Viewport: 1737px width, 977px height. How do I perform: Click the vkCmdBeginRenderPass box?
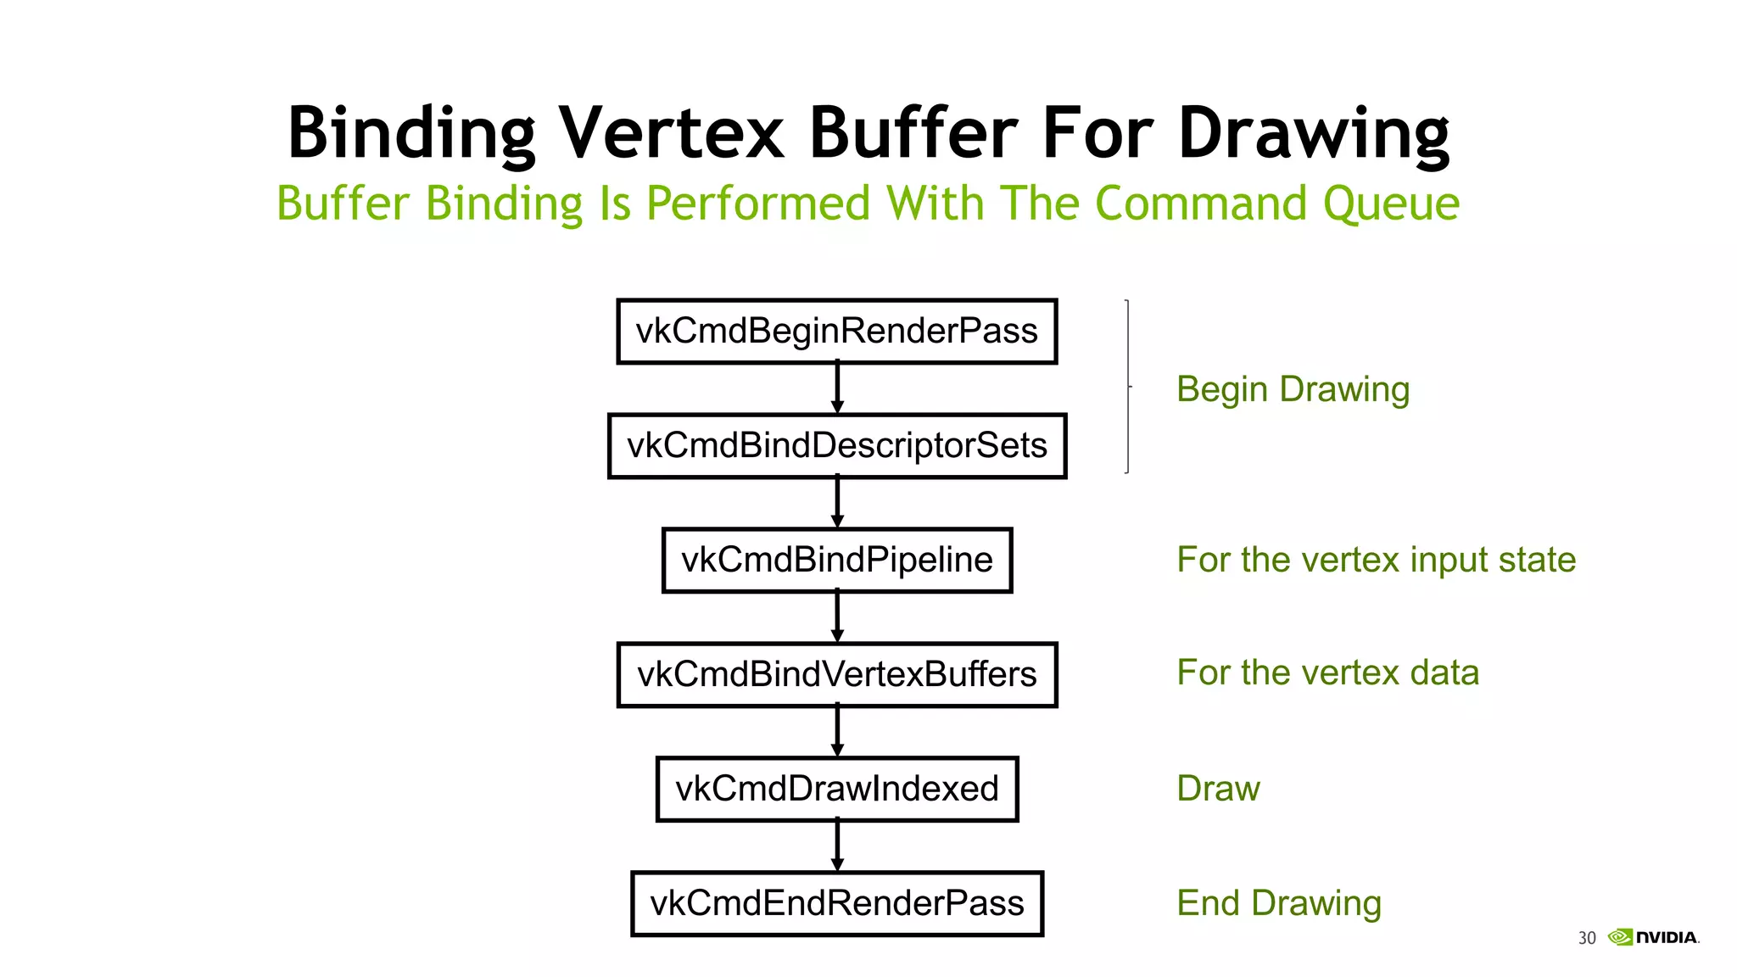[836, 331]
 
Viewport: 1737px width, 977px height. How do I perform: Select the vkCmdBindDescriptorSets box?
[836, 446]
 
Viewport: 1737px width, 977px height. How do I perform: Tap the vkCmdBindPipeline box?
[836, 560]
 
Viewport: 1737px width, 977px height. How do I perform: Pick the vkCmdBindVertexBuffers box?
[836, 674]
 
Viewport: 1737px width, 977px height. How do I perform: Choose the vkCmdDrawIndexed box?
[836, 789]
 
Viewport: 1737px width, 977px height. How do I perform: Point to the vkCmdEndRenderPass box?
[836, 903]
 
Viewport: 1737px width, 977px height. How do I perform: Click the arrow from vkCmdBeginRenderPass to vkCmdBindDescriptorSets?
[837, 388]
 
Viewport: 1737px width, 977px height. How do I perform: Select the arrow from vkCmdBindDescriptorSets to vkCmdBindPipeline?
[837, 503]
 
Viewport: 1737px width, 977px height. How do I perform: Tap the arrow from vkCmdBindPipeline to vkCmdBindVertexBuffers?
[837, 617]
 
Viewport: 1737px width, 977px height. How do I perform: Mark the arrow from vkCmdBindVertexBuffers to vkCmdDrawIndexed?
[837, 732]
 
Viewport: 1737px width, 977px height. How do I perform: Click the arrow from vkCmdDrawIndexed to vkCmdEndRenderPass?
[837, 846]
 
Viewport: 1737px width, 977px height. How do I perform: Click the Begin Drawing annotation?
[1293, 389]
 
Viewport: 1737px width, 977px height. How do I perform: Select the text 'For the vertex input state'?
[1376, 560]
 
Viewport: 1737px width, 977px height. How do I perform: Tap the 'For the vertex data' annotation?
[1327, 673]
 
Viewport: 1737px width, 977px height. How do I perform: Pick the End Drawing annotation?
[1278, 903]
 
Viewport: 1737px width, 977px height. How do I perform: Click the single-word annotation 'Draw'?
[1218, 789]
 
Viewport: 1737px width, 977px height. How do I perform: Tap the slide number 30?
[1586, 938]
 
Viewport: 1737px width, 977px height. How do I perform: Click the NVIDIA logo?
[1654, 937]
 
